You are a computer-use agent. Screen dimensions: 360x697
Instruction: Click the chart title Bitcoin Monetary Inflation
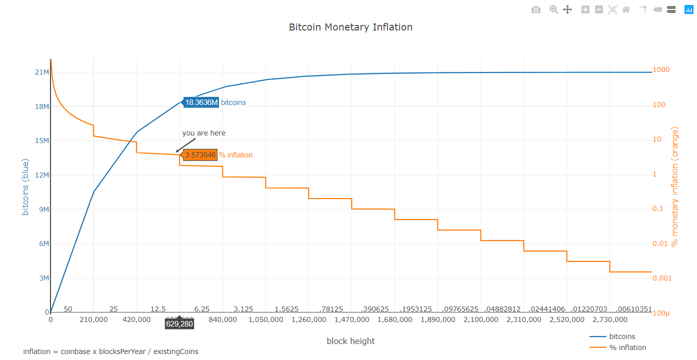[x=350, y=27]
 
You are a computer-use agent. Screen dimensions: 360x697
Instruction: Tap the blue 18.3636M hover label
[x=201, y=102]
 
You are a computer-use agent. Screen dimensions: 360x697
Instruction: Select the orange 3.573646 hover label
[x=200, y=155]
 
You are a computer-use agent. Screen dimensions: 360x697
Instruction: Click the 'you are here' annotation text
[x=203, y=133]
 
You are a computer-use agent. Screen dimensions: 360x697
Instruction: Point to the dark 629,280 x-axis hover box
[x=179, y=324]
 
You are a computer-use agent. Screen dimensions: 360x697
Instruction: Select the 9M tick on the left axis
[x=43, y=209]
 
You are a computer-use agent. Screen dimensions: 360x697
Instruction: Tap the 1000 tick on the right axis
[x=661, y=70]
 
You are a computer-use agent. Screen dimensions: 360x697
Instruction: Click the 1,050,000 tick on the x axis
[x=265, y=319]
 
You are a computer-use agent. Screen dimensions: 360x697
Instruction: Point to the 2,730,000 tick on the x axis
[x=609, y=319]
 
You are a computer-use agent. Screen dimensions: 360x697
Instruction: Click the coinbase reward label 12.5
[x=158, y=309]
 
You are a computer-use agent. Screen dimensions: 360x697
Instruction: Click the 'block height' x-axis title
[x=350, y=341]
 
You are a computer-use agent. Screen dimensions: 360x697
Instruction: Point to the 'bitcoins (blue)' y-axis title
[x=25, y=187]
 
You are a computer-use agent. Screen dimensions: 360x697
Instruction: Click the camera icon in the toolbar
[x=535, y=9]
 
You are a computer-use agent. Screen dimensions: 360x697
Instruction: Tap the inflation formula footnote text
[x=110, y=351]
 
